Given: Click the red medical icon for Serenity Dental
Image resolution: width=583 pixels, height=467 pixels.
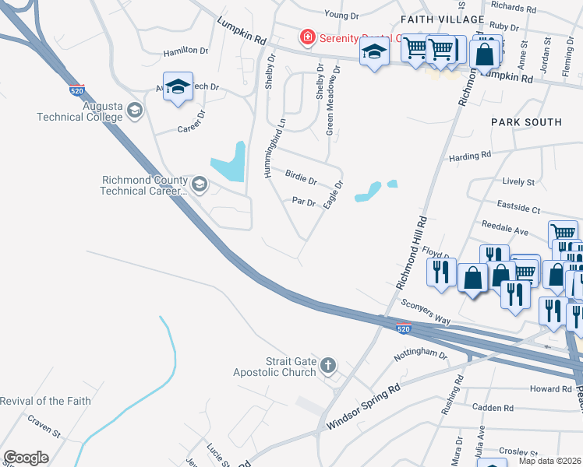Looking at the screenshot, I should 307,37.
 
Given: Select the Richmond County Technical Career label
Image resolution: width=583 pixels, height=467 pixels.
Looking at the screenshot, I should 145,185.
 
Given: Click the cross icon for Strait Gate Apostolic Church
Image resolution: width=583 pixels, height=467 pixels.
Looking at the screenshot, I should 328,365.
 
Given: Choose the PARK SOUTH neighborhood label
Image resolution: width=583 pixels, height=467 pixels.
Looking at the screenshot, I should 526,122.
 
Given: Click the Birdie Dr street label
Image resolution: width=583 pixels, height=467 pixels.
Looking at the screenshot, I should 301,181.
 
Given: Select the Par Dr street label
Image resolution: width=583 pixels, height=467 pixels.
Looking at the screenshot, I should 303,202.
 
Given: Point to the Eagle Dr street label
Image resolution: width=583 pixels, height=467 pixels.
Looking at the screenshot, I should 333,195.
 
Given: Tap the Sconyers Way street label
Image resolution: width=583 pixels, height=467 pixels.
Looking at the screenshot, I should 426,310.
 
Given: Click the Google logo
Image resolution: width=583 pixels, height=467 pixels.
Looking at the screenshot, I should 26,458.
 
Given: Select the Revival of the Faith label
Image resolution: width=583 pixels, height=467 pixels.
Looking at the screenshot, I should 45,401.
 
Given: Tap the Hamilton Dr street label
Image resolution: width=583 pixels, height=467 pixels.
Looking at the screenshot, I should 185,51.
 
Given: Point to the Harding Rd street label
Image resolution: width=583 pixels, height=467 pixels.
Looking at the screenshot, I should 470,156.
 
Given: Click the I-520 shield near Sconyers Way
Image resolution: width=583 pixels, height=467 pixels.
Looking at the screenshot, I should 403,329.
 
